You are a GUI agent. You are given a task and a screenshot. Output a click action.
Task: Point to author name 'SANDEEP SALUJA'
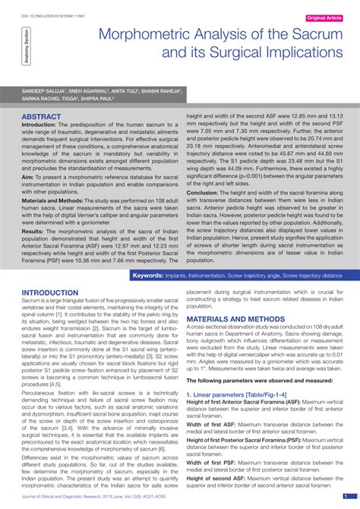click(45, 90)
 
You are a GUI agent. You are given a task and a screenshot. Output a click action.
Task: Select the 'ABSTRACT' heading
click(42, 117)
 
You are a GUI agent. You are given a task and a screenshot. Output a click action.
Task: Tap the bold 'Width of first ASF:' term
click(215, 424)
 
